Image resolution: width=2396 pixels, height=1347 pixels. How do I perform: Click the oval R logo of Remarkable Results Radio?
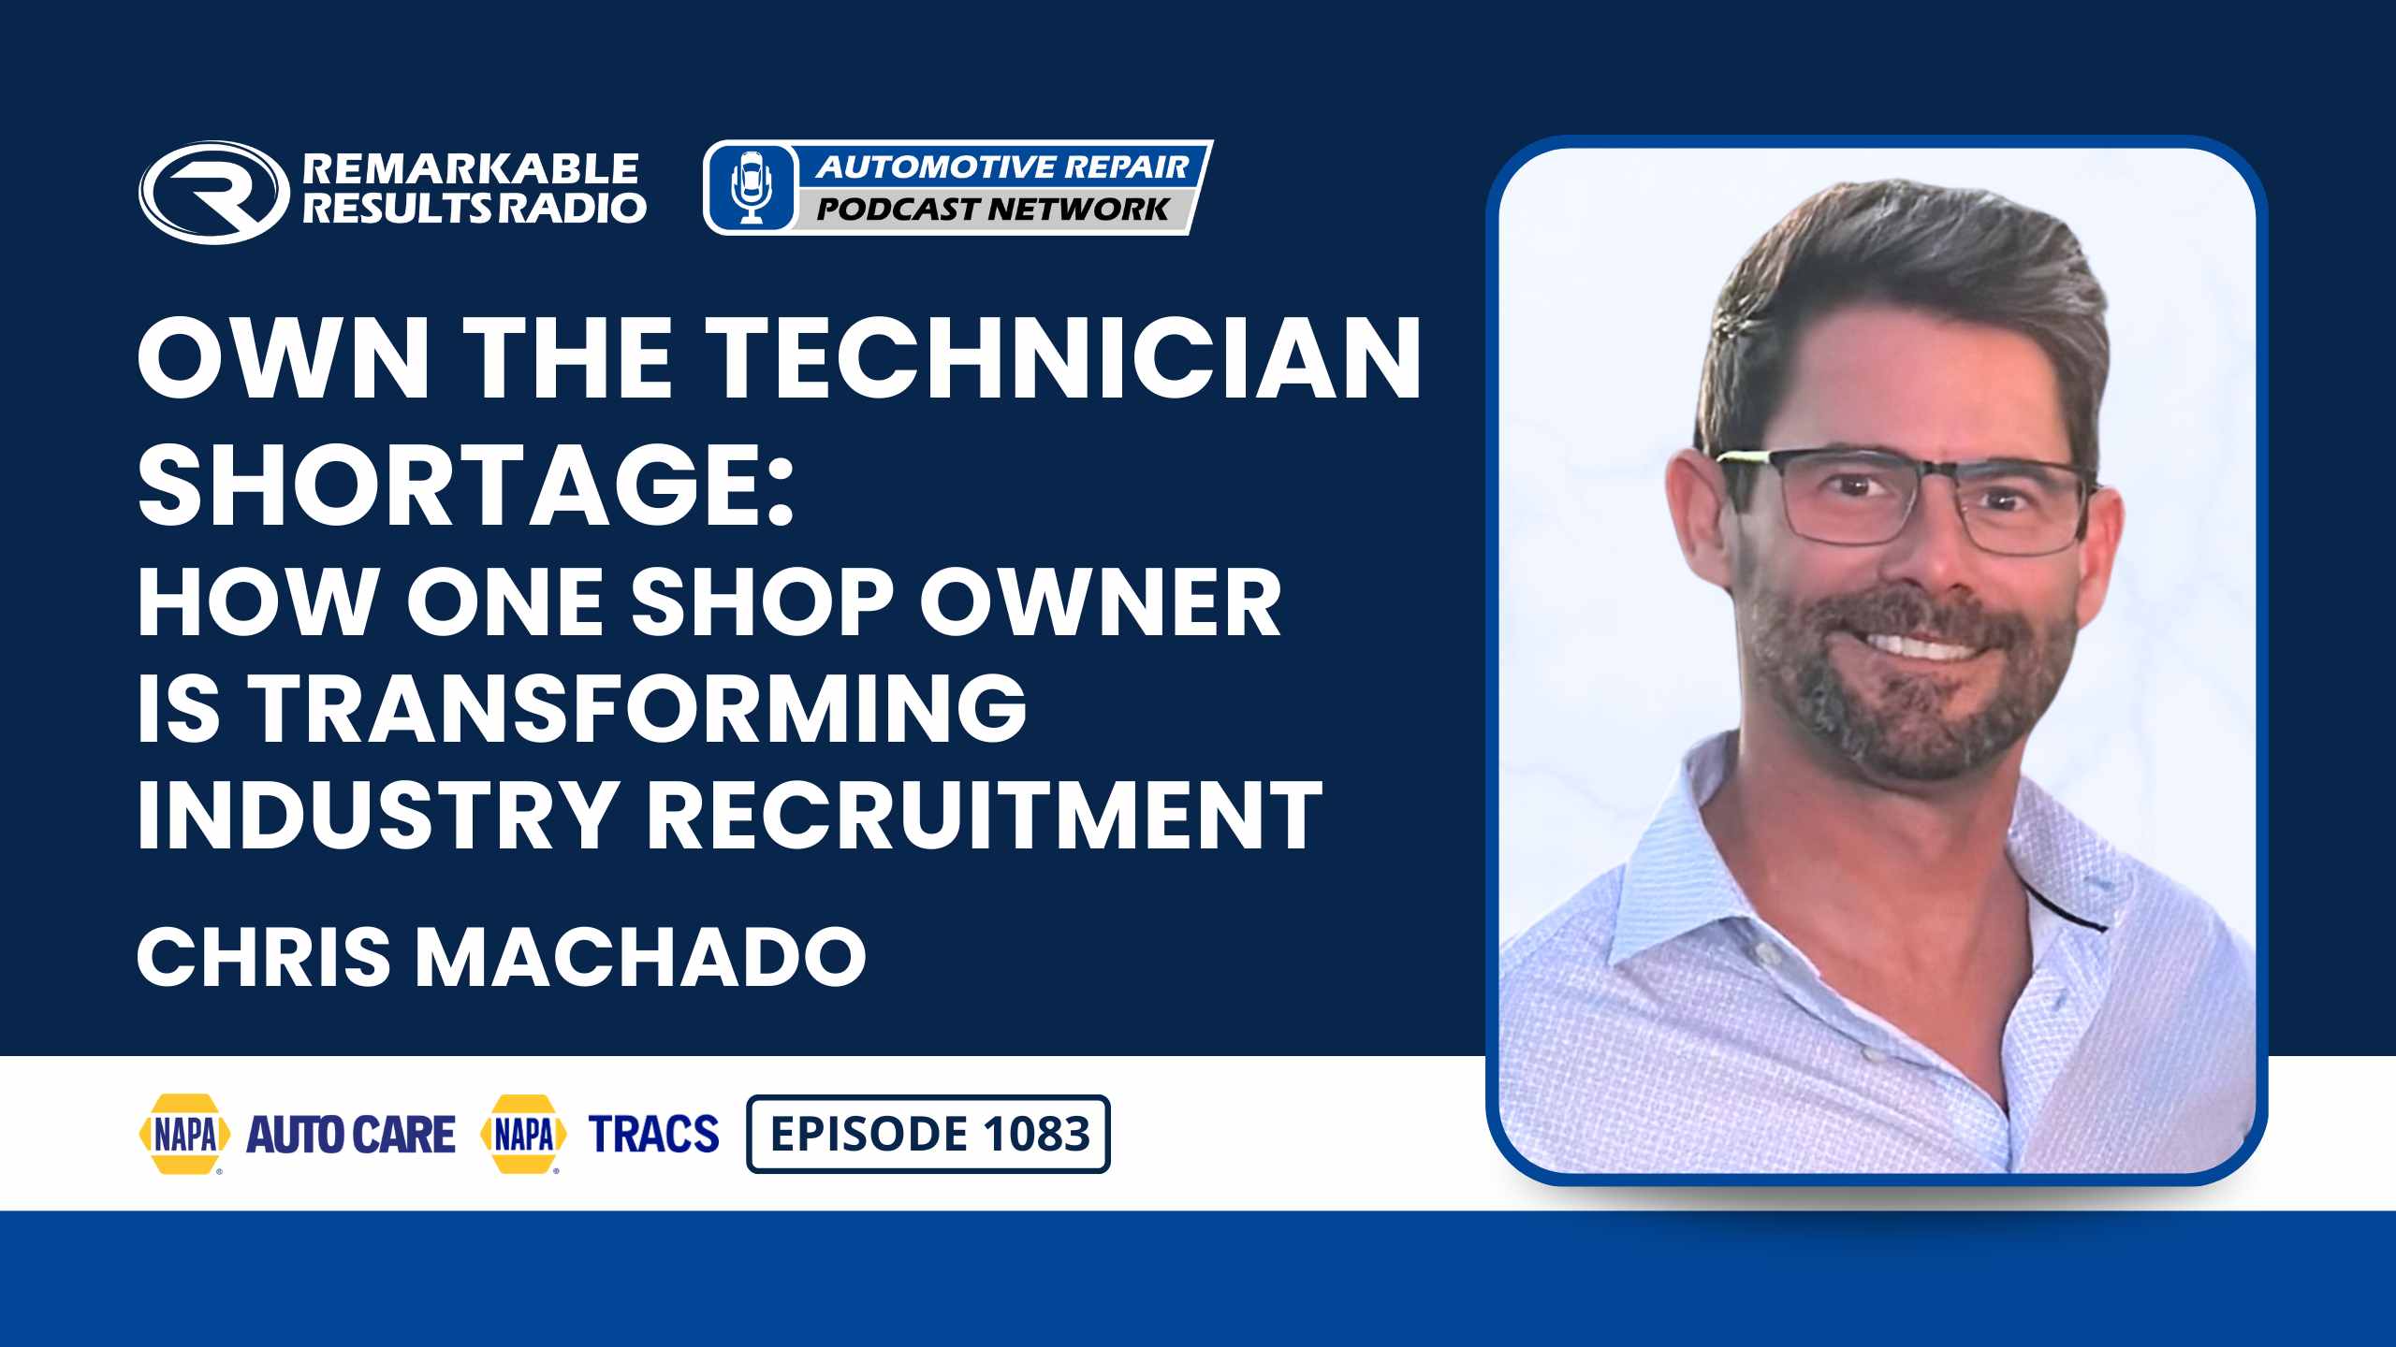(x=213, y=193)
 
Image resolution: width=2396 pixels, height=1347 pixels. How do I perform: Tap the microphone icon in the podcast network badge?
(x=751, y=187)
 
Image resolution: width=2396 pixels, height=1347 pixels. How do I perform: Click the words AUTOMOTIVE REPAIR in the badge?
(x=1001, y=167)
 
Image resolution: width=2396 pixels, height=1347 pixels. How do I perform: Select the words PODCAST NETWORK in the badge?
(x=993, y=209)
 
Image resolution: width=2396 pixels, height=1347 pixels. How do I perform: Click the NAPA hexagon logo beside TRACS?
(x=523, y=1134)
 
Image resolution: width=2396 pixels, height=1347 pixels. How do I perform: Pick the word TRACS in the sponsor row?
(x=653, y=1134)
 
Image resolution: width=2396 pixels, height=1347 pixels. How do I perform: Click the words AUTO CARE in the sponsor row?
(x=351, y=1134)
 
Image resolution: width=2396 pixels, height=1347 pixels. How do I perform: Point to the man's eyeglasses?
(x=1909, y=500)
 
